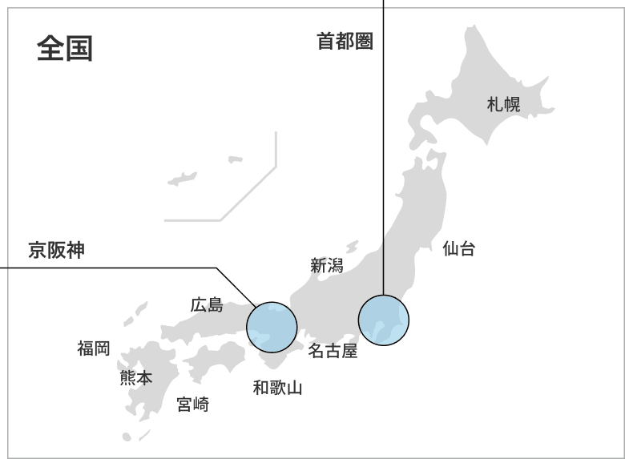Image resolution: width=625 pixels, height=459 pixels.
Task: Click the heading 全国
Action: [x=65, y=49]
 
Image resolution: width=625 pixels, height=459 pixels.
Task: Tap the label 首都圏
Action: [x=345, y=42]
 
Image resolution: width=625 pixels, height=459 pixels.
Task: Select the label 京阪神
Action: [x=56, y=250]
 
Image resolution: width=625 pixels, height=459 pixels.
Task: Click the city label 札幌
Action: [x=503, y=103]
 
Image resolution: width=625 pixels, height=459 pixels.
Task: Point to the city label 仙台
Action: [x=458, y=248]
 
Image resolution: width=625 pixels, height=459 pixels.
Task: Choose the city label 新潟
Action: [x=326, y=265]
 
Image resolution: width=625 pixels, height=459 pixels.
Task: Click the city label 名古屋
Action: [x=333, y=350]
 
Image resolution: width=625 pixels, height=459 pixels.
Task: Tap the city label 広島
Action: [x=207, y=304]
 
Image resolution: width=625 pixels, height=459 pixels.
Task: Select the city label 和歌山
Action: [x=277, y=389]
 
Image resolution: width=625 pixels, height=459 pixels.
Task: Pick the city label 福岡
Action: [x=94, y=348]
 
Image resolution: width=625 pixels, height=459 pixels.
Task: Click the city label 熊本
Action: [x=135, y=377]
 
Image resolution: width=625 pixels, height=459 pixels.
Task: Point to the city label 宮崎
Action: [x=192, y=405]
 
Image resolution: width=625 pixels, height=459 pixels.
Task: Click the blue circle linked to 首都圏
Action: [x=383, y=320]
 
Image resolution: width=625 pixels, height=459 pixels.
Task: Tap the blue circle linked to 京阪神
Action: [x=272, y=327]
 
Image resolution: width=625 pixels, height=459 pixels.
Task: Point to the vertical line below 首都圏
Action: [x=384, y=160]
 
